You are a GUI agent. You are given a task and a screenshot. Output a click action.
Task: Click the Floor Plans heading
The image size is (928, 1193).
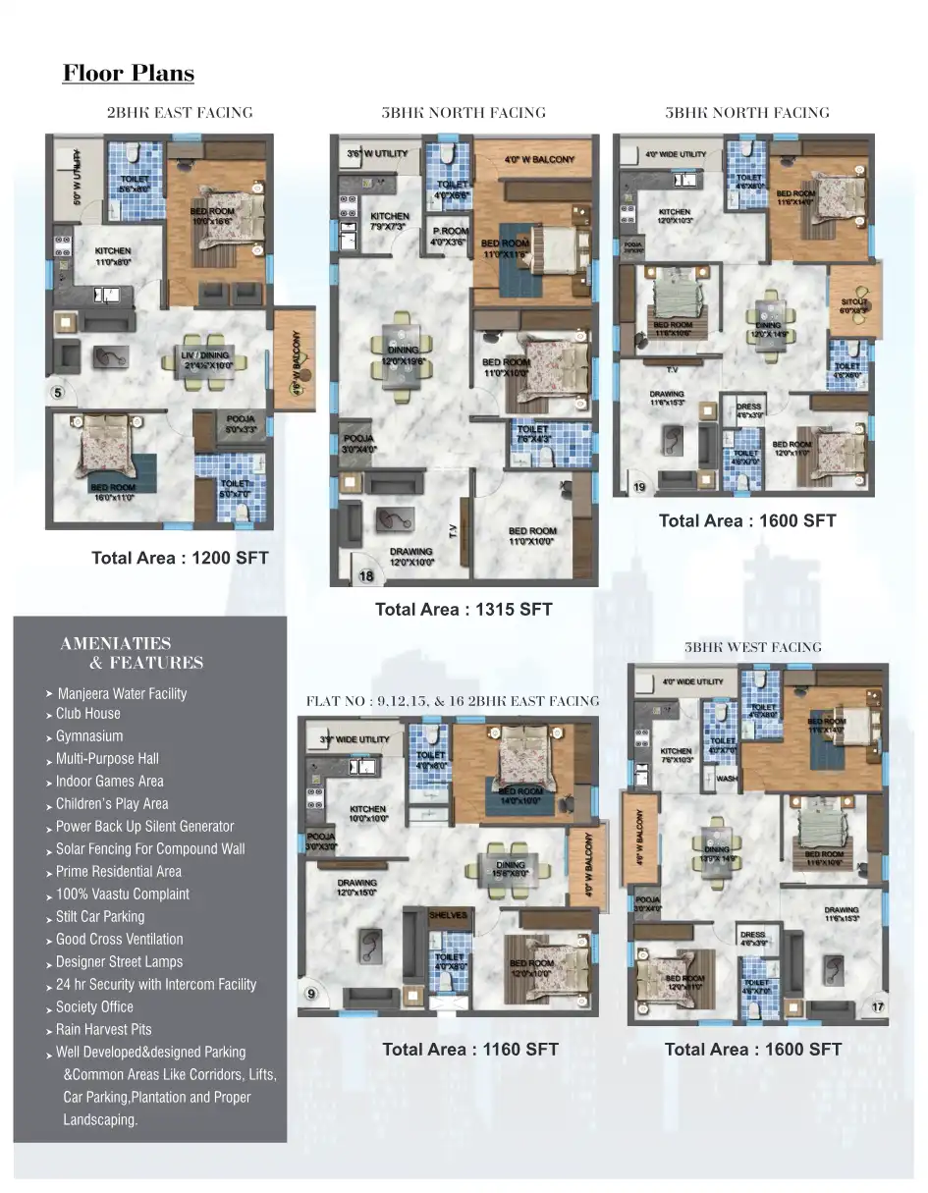point(129,74)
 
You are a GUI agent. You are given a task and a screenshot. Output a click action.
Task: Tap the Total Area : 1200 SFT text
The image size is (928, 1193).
point(180,558)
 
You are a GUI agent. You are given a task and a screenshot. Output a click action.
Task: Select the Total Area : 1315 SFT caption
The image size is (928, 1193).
point(464,610)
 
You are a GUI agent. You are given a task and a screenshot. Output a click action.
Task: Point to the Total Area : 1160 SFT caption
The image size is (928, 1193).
point(470,1050)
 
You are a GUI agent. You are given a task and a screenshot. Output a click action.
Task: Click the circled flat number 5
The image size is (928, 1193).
point(58,394)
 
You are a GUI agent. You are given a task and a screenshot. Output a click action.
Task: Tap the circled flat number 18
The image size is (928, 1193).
point(366,576)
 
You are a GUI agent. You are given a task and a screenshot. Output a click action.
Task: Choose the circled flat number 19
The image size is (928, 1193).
point(638,487)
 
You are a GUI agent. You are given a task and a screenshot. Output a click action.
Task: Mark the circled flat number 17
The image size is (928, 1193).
point(877,1006)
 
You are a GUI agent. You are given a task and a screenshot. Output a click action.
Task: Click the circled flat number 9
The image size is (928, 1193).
point(311,995)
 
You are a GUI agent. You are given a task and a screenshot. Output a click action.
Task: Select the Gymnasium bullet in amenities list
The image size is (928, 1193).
point(89,736)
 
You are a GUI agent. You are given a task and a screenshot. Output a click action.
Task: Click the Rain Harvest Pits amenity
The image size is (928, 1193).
point(103,1030)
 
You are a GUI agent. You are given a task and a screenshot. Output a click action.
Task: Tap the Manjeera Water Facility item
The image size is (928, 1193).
point(122,694)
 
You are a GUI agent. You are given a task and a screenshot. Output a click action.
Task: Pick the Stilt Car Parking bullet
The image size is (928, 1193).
point(99,917)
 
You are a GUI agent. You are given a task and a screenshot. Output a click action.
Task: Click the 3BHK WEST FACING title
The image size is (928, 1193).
point(752,647)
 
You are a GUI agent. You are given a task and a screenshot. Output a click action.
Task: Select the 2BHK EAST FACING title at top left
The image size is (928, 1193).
point(180,113)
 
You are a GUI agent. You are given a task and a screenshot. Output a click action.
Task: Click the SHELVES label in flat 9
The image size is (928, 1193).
point(448,915)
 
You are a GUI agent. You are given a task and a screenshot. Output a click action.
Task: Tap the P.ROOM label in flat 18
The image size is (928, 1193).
point(451,232)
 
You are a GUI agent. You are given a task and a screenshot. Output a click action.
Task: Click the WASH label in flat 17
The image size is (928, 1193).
point(727,778)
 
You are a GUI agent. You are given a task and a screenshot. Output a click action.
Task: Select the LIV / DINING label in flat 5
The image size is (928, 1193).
point(205,355)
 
